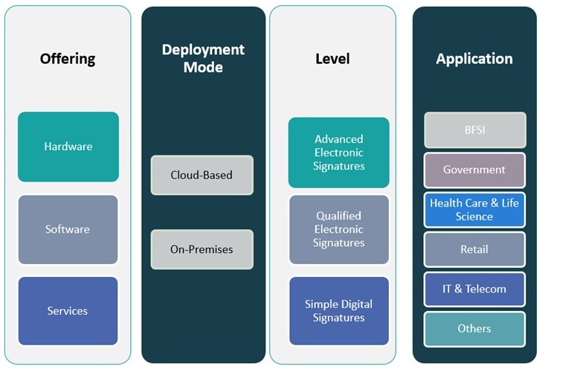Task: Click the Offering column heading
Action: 68,58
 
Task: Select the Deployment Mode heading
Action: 203,58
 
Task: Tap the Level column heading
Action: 332,58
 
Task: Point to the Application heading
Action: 474,58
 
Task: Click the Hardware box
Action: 68,147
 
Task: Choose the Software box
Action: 68,229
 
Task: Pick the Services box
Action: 68,311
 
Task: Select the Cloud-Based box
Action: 201,175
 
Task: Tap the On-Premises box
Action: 201,249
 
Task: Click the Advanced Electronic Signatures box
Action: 339,153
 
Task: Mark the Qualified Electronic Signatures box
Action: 339,229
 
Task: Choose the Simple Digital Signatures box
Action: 339,311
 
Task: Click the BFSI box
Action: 474,130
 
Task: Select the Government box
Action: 474,170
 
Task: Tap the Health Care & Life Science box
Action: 474,210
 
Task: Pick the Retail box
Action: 474,249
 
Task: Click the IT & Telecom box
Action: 474,289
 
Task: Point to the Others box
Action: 474,328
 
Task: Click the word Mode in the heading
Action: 203,67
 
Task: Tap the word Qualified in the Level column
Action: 339,216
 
